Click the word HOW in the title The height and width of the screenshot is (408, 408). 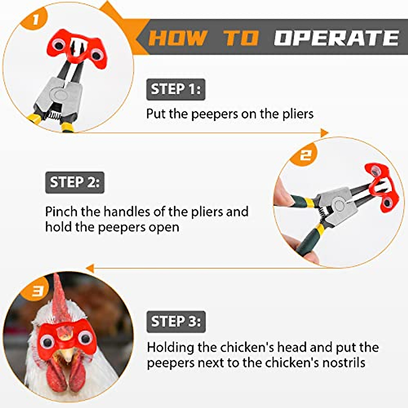[x=178, y=38]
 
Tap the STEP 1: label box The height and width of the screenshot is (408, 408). [x=176, y=89]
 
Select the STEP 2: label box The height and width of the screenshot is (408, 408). [x=74, y=182]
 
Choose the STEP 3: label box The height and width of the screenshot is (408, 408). [x=176, y=322]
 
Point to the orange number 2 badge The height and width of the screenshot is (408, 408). [x=305, y=155]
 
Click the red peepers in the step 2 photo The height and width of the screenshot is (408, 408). [x=380, y=187]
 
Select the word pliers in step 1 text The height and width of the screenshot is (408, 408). [x=298, y=114]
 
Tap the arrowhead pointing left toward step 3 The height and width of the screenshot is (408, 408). [x=90, y=268]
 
